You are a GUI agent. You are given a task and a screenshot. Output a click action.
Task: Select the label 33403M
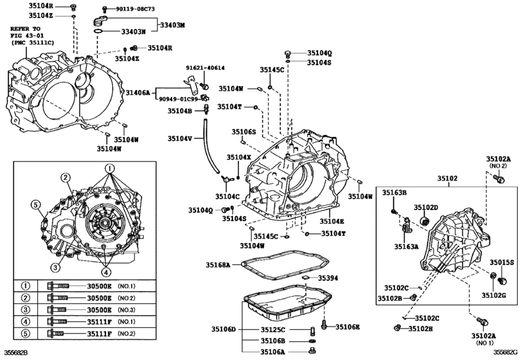[x=172, y=24]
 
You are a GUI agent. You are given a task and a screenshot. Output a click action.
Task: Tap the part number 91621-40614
[x=206, y=67]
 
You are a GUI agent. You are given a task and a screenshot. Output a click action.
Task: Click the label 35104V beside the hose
[x=181, y=138]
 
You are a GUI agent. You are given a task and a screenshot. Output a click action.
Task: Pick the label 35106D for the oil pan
[x=224, y=330]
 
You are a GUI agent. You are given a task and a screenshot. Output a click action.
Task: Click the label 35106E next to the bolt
[x=348, y=327]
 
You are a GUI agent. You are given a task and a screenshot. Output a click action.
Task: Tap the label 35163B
[x=395, y=192]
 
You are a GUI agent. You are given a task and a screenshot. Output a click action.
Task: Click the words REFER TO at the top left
[x=26, y=30]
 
